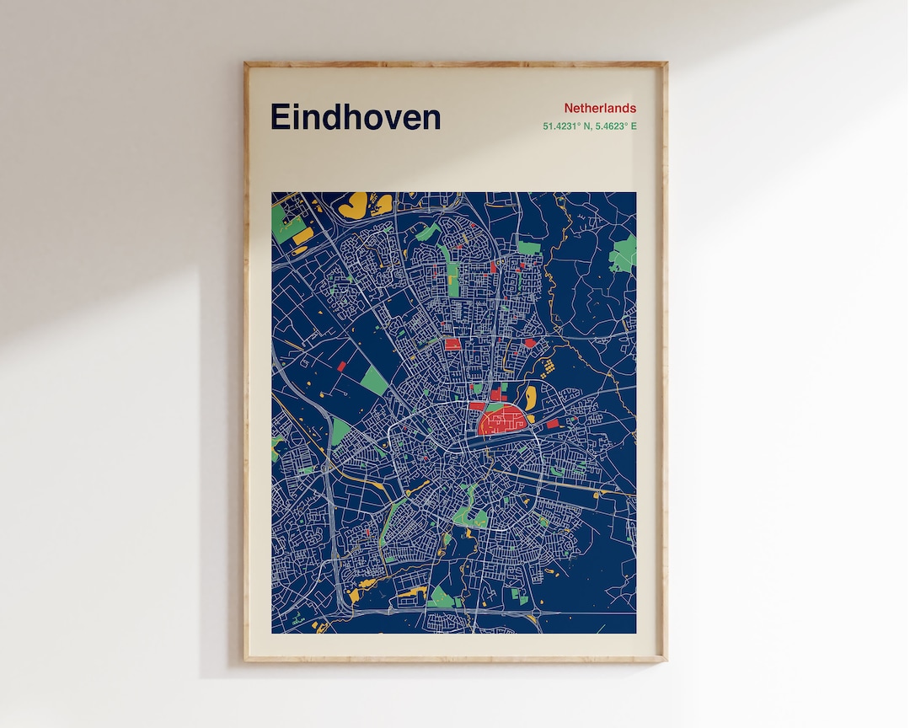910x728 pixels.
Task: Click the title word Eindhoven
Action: point(355,117)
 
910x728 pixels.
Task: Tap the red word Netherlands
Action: point(600,108)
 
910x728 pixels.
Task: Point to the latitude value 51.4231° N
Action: point(570,126)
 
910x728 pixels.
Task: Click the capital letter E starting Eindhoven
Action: point(281,117)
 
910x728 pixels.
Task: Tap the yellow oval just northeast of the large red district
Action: point(530,397)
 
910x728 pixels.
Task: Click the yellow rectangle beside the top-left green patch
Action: point(303,236)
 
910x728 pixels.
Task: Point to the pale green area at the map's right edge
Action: point(624,254)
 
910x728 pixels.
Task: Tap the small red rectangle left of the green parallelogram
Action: point(342,367)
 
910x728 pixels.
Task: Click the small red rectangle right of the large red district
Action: point(553,424)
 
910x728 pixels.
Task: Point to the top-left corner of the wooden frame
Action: point(245,63)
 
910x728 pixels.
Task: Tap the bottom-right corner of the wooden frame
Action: point(666,660)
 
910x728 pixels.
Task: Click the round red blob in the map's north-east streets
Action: point(529,343)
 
